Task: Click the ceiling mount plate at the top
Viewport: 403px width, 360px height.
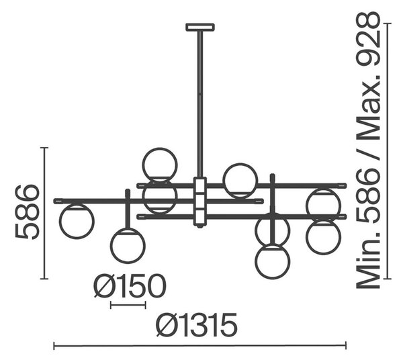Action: click(200, 27)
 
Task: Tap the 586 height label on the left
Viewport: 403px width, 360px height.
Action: click(27, 212)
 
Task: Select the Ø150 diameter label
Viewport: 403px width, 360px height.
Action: click(130, 285)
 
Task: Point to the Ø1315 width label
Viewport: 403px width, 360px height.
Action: click(197, 325)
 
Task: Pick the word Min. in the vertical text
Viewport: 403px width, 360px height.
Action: click(368, 262)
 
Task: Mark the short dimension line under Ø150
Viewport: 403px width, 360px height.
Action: click(128, 305)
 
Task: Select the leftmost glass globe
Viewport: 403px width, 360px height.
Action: click(77, 221)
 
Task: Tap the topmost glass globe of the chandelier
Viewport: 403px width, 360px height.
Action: click(160, 165)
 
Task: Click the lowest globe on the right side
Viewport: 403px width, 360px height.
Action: click(273, 261)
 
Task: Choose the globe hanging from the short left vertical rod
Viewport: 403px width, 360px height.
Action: click(128, 245)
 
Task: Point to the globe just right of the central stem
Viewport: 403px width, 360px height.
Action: click(240, 181)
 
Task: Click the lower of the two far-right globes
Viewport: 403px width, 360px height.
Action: click(324, 237)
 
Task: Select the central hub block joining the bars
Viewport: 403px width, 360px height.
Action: click(200, 201)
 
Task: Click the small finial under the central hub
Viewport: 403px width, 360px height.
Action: click(200, 227)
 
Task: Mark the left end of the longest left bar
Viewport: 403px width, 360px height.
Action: click(55, 201)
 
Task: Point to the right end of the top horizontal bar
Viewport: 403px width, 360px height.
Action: click(345, 185)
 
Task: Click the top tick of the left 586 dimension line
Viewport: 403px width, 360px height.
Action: click(44, 148)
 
